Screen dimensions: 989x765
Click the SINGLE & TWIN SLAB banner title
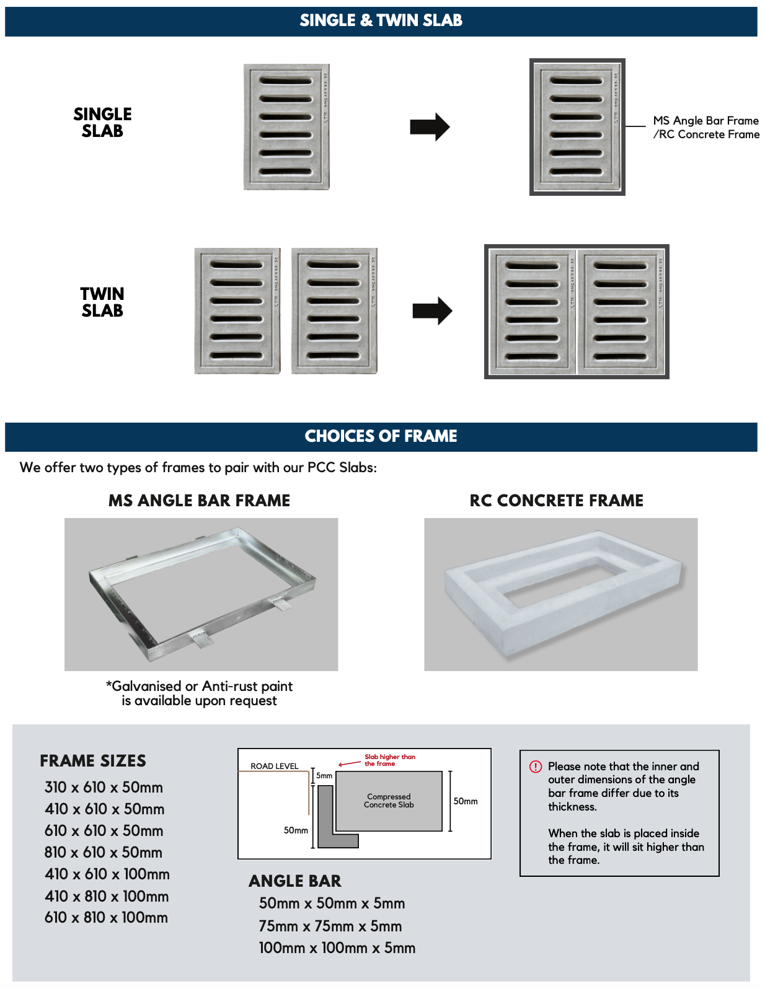(x=381, y=20)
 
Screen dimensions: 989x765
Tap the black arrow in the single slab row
(x=430, y=127)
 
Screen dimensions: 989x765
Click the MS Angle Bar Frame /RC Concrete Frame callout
(x=705, y=128)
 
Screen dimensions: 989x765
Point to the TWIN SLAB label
(x=102, y=302)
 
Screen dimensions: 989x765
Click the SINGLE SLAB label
(x=102, y=123)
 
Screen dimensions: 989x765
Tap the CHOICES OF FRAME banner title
(x=381, y=436)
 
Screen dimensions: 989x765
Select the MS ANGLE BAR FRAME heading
(x=199, y=501)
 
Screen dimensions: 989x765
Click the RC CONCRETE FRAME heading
(x=556, y=501)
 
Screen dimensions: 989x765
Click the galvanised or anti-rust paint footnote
(x=199, y=693)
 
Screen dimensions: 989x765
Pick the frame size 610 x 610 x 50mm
(x=104, y=831)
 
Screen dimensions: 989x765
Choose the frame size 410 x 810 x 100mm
(x=106, y=897)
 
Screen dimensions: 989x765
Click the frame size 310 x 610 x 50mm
(x=104, y=788)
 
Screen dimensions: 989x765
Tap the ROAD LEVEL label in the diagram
(x=274, y=767)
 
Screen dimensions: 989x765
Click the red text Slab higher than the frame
(x=389, y=760)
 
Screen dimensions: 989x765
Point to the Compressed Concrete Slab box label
(x=389, y=801)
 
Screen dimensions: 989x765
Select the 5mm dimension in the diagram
(x=324, y=776)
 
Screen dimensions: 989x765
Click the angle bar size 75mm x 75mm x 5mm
(x=330, y=926)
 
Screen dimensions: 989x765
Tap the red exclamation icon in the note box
(x=536, y=767)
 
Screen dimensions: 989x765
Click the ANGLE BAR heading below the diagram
(x=294, y=881)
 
